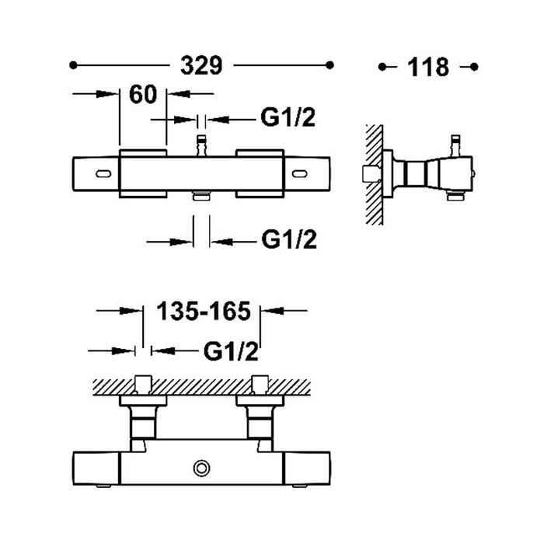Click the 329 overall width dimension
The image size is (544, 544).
(201, 65)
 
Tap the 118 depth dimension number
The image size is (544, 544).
(428, 67)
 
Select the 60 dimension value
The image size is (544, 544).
(143, 94)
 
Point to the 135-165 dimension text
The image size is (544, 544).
(204, 311)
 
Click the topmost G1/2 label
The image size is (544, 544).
(288, 117)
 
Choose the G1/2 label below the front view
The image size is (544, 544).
(289, 239)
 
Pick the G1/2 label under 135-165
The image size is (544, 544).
(231, 351)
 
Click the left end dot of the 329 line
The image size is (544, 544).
(73, 65)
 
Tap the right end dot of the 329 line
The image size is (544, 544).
(330, 65)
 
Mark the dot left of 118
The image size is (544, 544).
(382, 67)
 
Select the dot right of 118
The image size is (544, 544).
(474, 67)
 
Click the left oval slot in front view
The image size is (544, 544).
(103, 174)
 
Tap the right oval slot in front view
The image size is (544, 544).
(299, 174)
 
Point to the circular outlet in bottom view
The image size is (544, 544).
(201, 468)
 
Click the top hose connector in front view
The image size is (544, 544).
(201, 146)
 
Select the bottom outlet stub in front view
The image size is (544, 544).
(201, 196)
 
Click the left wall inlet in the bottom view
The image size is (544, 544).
(143, 385)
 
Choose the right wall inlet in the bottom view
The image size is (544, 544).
(260, 385)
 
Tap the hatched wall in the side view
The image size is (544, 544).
(375, 175)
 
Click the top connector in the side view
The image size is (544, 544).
(455, 146)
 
